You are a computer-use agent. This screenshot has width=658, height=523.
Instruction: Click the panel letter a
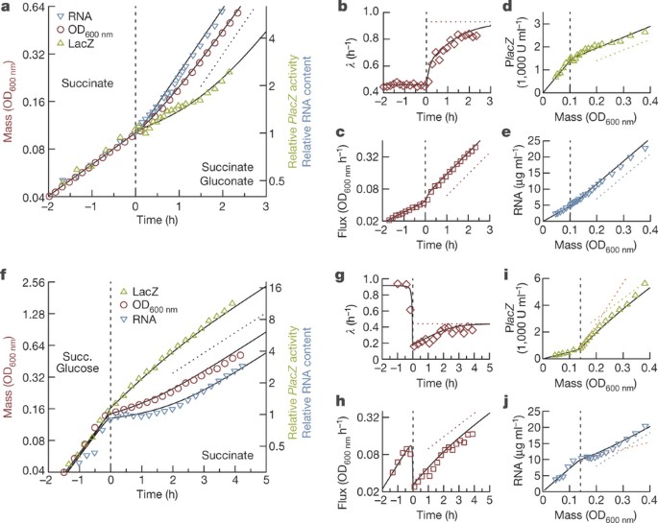coord(6,9)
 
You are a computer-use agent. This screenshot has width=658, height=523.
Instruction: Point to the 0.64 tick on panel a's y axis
coord(27,9)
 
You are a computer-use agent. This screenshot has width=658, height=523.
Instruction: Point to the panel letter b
coord(342,9)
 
